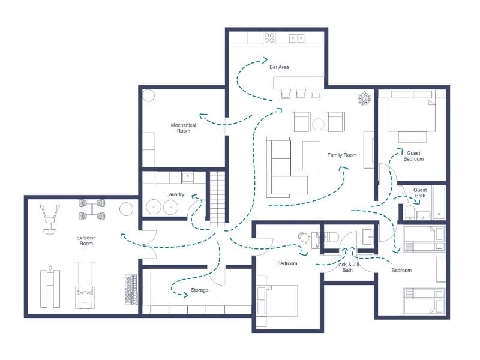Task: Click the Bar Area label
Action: pos(279,67)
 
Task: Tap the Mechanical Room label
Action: pos(184,128)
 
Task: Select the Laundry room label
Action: pos(175,194)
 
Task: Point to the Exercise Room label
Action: pos(86,241)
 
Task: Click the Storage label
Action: pos(200,290)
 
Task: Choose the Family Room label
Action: pos(342,155)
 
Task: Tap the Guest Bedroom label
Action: pos(413,156)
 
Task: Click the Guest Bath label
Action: pos(420,193)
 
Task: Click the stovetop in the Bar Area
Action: pos(269,38)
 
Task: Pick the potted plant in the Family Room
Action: pos(364,98)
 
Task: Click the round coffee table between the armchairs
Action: pos(318,124)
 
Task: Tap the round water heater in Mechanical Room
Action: pos(148,96)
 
